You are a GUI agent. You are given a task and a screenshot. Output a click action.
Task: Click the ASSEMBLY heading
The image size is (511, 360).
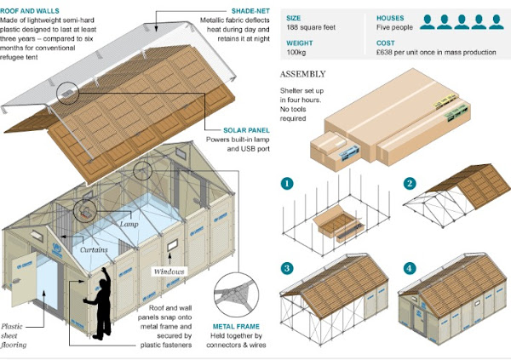[303, 72]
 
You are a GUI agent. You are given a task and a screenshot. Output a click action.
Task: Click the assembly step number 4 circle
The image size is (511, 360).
[410, 268]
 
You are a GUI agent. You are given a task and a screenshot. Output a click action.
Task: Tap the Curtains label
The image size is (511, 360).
[95, 250]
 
